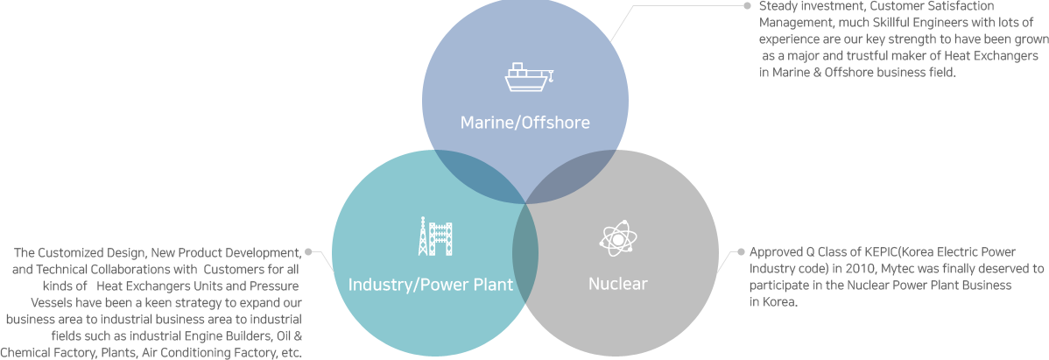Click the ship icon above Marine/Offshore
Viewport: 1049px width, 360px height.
[530, 78]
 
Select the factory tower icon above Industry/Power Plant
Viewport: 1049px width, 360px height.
[435, 236]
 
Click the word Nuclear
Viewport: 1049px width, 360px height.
[618, 284]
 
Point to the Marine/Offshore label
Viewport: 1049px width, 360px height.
[524, 123]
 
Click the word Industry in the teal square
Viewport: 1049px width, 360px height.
[378, 285]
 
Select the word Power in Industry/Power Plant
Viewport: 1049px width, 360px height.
[446, 285]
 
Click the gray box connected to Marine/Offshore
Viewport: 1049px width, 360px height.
[862, 39]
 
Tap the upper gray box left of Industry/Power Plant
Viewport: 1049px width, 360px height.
[157, 278]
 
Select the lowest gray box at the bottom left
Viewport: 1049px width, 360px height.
[151, 336]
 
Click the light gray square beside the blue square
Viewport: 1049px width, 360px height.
[627, 25]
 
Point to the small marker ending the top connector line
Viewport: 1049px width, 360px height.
[747, 6]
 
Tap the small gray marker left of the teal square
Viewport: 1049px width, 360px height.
[309, 252]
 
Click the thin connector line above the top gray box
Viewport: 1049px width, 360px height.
[692, 6]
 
